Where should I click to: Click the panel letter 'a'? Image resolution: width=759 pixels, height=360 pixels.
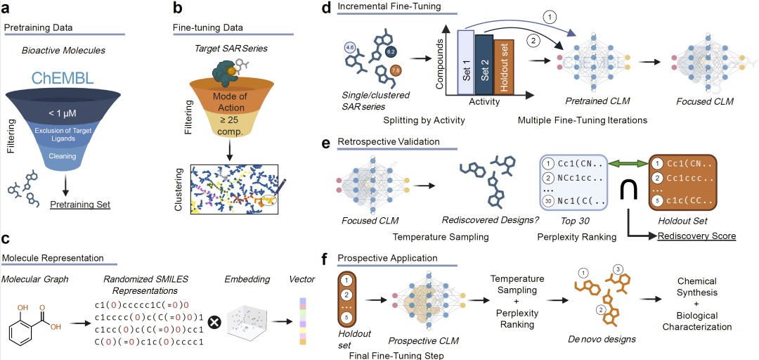(8, 9)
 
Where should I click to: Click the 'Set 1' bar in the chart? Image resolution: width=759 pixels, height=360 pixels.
(466, 63)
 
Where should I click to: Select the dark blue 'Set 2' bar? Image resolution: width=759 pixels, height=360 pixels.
(484, 65)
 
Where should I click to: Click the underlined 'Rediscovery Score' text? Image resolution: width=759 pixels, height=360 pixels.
(698, 236)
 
